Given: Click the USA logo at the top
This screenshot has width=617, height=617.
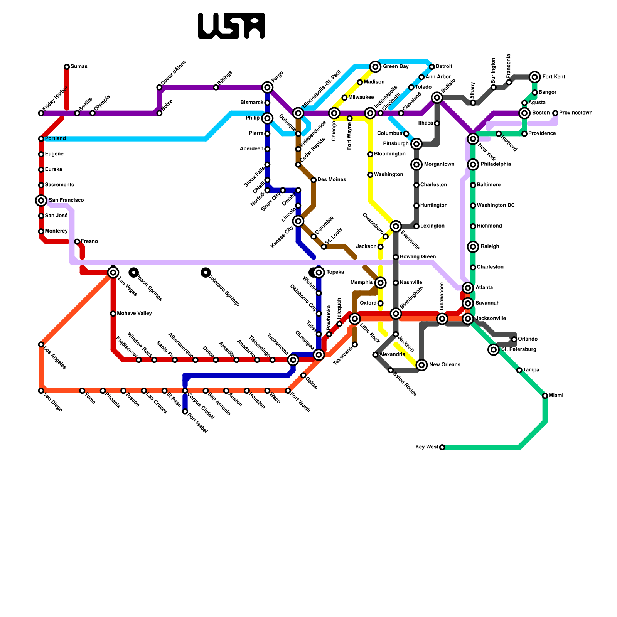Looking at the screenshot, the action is tap(231, 26).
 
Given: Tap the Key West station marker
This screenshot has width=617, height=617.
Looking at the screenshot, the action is tap(442, 447).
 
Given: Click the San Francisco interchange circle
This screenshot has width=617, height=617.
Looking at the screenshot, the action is tap(41, 201).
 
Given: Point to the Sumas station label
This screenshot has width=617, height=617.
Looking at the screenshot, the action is tap(79, 67).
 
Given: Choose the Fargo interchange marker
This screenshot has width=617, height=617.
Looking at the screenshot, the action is tap(267, 88).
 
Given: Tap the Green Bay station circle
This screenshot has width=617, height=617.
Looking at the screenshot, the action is tap(375, 67).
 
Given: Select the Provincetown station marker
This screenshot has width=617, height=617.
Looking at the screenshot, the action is tap(555, 113).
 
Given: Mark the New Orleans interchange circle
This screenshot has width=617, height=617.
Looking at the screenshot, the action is tap(422, 365).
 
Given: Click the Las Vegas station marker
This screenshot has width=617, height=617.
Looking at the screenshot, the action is tap(113, 273).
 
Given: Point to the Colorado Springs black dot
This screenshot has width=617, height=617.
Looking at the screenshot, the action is tap(206, 273).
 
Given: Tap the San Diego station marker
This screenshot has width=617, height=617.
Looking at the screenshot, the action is tap(41, 391).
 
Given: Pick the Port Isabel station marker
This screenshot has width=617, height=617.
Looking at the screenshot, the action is tap(185, 411).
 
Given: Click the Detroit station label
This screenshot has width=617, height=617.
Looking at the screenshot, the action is tap(444, 67).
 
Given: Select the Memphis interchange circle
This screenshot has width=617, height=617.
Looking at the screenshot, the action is tap(380, 283).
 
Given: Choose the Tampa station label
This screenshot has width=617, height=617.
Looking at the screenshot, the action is tap(531, 370).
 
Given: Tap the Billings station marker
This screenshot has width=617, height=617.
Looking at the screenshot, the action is tap(216, 88).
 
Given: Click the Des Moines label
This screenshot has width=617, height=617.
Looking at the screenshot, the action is tap(332, 180).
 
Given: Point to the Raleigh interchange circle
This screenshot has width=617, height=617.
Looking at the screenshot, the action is tap(473, 247).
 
